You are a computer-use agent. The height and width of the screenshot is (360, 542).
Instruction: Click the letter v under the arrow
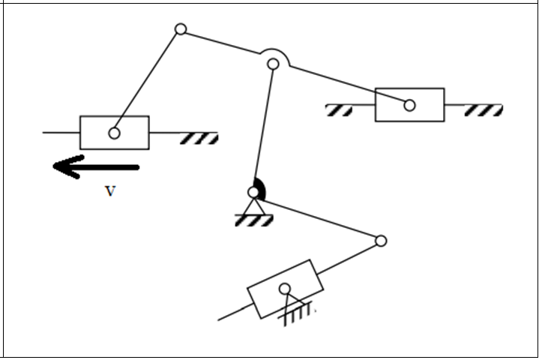110,191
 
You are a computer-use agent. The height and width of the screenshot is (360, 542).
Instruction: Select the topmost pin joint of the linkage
181,29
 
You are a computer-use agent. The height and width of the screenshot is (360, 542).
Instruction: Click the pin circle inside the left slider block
114,133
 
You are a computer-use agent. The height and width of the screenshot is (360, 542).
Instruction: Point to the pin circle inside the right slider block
409,105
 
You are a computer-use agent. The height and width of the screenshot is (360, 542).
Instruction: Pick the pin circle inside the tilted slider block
285,289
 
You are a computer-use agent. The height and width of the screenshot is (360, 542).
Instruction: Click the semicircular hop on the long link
274,54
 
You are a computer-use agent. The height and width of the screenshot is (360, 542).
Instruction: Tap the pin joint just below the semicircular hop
274,64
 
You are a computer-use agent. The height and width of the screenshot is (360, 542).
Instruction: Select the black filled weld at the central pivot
259,187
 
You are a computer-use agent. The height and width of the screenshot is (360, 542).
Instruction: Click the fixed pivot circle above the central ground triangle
254,193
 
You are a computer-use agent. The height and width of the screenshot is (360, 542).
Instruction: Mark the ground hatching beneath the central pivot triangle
254,220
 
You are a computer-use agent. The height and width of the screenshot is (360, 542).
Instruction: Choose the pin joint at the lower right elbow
381,241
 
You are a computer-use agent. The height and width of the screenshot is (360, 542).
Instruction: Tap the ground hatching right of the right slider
484,111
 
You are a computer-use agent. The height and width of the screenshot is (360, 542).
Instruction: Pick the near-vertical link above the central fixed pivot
264,127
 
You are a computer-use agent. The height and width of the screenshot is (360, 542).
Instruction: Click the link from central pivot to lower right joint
319,217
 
